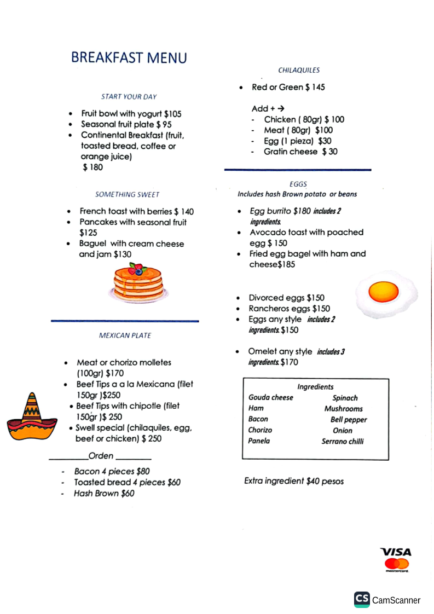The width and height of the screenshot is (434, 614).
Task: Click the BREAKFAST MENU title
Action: click(129, 58)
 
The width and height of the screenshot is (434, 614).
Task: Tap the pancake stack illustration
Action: click(138, 282)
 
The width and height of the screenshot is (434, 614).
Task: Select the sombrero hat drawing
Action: click(31, 418)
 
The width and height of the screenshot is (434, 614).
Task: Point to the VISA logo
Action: click(396, 552)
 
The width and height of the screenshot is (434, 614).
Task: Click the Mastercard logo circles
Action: click(397, 564)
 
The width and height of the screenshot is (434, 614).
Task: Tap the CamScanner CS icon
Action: click(362, 599)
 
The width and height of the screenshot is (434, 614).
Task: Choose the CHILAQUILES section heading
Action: click(299, 70)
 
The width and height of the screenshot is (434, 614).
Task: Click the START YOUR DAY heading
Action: click(129, 97)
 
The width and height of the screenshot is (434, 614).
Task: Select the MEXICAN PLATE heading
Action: click(125, 335)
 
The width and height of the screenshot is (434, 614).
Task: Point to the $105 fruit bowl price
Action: click(172, 114)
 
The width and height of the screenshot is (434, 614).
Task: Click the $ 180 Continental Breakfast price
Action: click(92, 167)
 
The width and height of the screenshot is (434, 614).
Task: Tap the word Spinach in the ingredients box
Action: click(345, 398)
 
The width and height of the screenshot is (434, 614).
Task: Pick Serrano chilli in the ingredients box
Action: click(342, 441)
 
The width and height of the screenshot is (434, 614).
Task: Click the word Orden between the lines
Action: click(101, 456)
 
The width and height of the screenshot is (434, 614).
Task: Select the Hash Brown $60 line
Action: click(104, 493)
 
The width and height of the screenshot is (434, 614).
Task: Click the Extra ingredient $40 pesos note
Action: click(294, 481)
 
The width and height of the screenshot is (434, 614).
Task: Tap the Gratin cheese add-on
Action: click(300, 152)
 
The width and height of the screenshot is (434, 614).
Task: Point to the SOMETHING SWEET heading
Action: click(127, 194)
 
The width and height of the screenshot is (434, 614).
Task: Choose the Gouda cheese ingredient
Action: click(270, 397)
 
